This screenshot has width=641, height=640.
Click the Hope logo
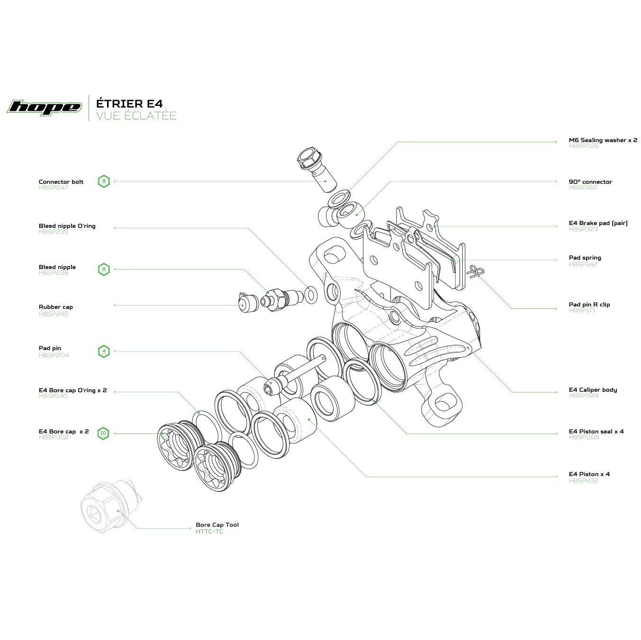pyautogui.click(x=44, y=107)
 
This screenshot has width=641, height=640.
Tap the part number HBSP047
pyautogui.click(x=54, y=188)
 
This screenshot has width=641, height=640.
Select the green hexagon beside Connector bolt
pyautogui.click(x=104, y=181)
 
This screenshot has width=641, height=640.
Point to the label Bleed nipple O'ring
pyautogui.click(x=67, y=226)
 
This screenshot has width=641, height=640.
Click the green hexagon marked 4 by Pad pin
pyautogui.click(x=104, y=352)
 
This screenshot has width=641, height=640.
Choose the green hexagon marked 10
pyautogui.click(x=103, y=433)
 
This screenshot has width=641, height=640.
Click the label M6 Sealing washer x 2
pyautogui.click(x=603, y=140)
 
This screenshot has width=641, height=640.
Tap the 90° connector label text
pyautogui.click(x=590, y=182)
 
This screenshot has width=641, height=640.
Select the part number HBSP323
pyautogui.click(x=583, y=229)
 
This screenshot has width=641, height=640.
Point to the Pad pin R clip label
pyautogui.click(x=589, y=305)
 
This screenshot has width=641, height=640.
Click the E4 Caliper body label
pyautogui.click(x=593, y=390)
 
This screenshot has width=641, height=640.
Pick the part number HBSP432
pyautogui.click(x=583, y=481)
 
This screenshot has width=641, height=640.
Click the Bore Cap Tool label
pyautogui.click(x=217, y=525)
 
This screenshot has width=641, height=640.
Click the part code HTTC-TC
pyautogui.click(x=209, y=532)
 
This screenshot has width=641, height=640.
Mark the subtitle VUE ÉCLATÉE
pyautogui.click(x=136, y=116)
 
